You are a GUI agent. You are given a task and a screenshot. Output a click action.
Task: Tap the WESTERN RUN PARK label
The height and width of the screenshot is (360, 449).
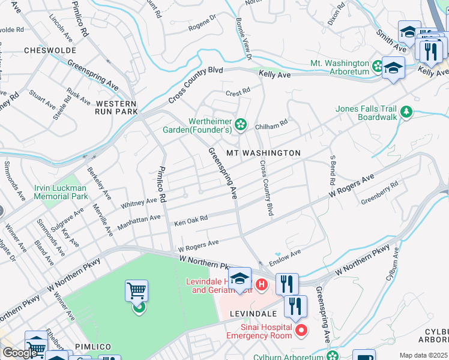pyautogui.click(x=116, y=107)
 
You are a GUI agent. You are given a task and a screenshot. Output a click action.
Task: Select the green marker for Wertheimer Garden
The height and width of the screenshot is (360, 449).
pyautogui.click(x=241, y=124)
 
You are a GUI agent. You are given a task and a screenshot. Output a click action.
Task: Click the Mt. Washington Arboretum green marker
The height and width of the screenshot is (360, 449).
pyautogui.click(x=377, y=65)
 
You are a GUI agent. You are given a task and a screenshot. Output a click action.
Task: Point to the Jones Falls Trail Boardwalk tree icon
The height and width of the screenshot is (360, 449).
pyautogui.click(x=406, y=112)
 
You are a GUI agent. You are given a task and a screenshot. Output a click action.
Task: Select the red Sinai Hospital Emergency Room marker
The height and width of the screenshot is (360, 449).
pyautogui.click(x=301, y=330)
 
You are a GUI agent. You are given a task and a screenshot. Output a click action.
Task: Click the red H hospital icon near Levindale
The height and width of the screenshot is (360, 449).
pyautogui.click(x=261, y=284)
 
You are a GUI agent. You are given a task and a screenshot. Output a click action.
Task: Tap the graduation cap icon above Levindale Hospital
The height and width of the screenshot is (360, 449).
pyautogui.click(x=240, y=278)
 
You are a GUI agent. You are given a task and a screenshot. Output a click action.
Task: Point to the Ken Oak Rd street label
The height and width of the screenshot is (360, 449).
pyautogui.click(x=191, y=221)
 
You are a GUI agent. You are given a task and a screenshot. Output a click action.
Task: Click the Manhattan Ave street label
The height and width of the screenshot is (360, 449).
pyautogui.click(x=140, y=222)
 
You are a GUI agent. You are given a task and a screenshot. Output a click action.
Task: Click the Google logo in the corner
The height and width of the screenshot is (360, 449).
pyautogui.click(x=20, y=353)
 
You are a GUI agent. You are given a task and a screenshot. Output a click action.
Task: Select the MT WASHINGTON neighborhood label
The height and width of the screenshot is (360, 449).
pyautogui.click(x=263, y=153)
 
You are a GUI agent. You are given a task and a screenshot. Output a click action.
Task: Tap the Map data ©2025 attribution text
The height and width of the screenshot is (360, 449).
pyautogui.click(x=423, y=355)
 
